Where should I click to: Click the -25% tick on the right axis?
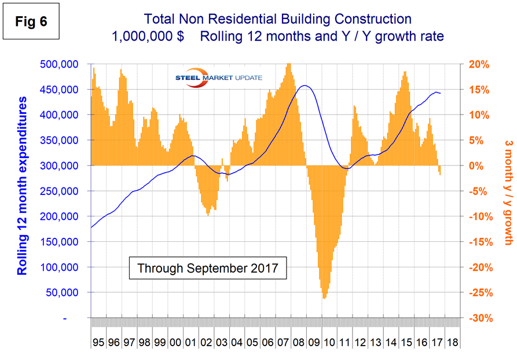point(476,293)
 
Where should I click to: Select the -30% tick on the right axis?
point(476,318)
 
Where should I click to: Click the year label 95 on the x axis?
point(98,343)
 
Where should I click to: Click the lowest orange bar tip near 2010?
point(324,298)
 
